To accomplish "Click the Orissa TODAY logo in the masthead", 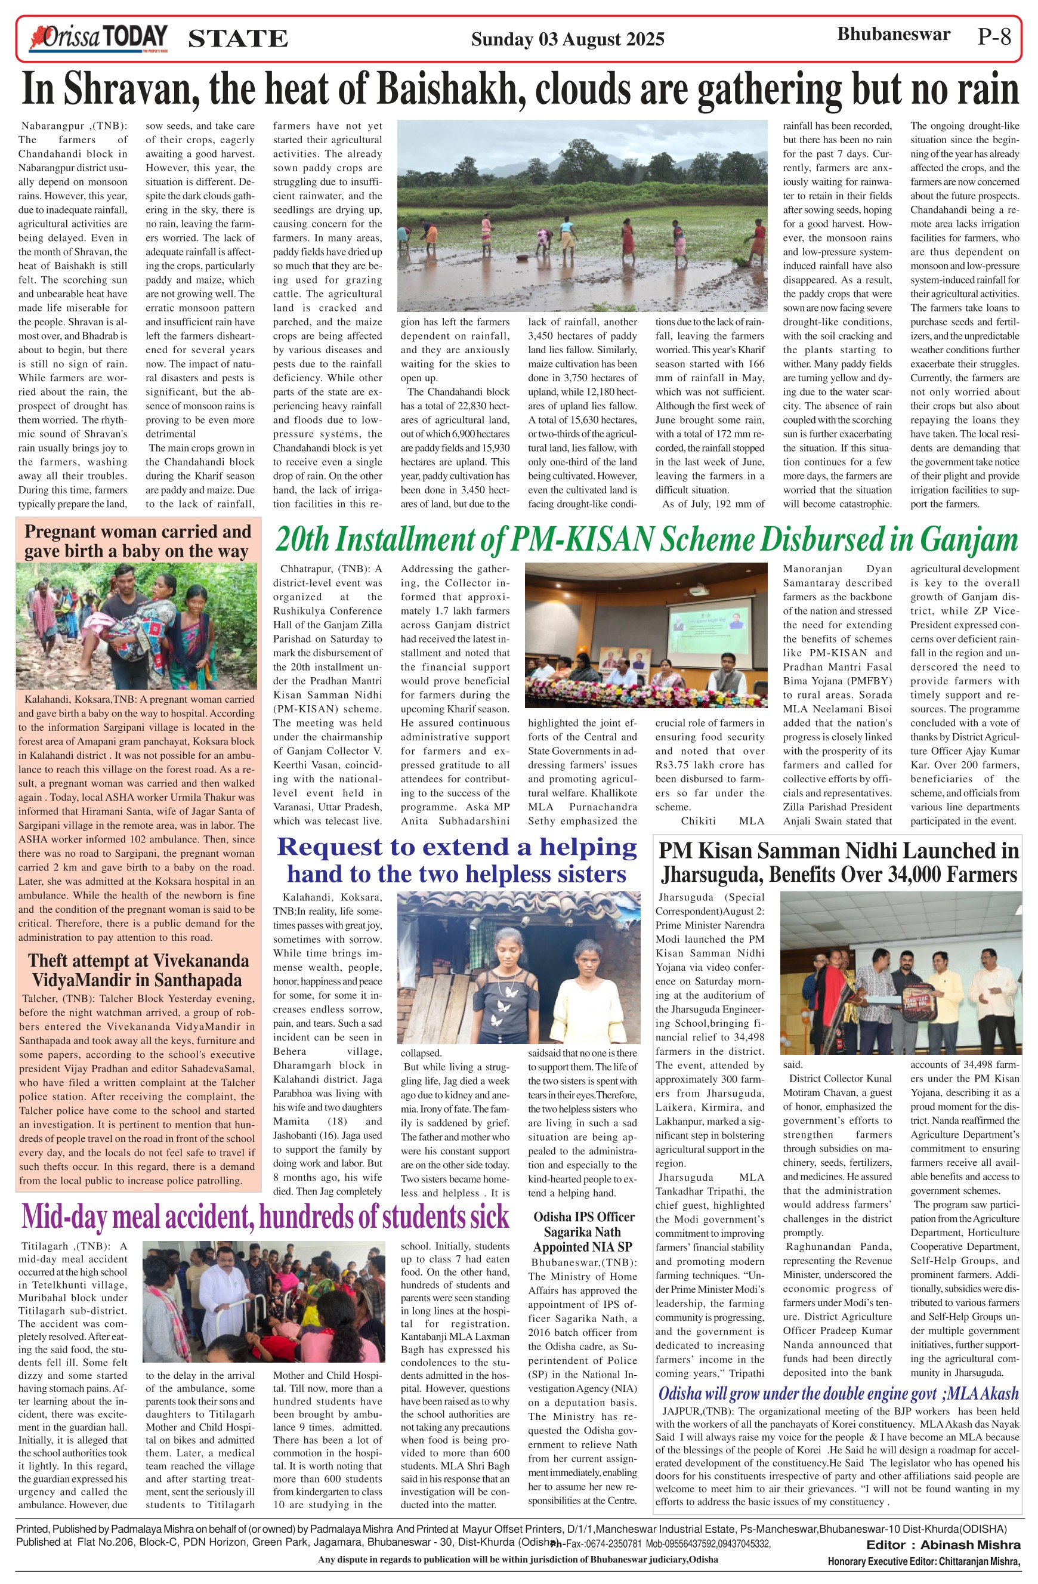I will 97,39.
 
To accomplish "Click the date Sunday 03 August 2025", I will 567,39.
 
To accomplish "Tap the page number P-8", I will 994,37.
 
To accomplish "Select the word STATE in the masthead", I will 238,39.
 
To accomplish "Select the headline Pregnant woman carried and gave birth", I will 138,541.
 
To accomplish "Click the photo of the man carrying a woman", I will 137,626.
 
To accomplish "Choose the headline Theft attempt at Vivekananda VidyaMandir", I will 138,969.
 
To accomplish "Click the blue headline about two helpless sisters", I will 456,860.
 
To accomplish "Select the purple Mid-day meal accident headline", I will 265,1216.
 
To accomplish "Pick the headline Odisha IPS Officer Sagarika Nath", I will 583,1232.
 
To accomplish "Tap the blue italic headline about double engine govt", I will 838,1394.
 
